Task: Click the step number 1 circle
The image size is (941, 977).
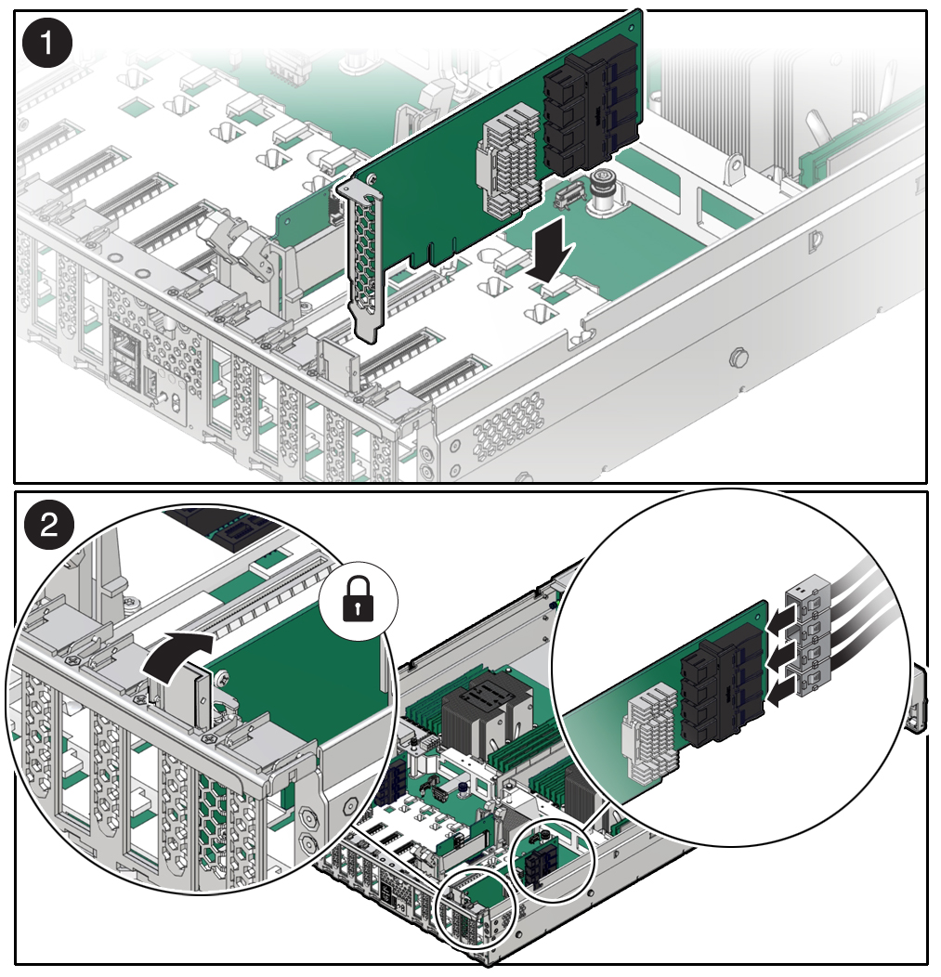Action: pos(46,44)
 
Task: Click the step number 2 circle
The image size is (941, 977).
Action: pos(48,527)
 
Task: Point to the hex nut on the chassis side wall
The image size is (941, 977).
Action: pos(739,357)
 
